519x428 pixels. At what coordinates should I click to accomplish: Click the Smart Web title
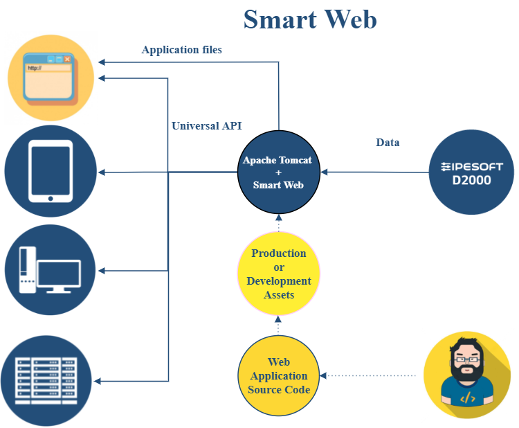(310, 19)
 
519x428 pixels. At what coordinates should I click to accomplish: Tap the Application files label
(181, 50)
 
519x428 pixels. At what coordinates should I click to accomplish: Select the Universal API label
(206, 126)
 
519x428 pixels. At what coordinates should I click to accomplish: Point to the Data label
(388, 143)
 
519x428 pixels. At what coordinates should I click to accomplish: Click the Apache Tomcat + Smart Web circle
(277, 172)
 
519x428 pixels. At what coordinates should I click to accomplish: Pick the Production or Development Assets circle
(278, 274)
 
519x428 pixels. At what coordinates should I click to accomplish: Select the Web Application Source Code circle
(278, 376)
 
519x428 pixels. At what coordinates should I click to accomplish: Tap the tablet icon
(51, 172)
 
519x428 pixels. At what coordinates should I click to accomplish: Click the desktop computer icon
(51, 270)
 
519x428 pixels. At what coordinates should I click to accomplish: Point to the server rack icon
(47, 380)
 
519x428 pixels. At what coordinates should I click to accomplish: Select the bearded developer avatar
(467, 375)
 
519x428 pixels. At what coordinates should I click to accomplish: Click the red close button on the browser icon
(68, 60)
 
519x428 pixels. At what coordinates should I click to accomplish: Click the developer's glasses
(466, 359)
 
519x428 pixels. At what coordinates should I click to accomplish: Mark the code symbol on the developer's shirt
(467, 398)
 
